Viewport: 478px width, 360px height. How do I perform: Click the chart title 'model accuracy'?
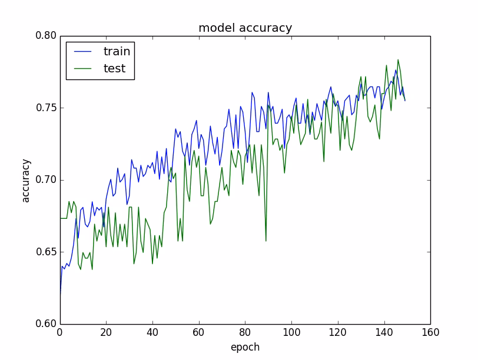[x=245, y=28]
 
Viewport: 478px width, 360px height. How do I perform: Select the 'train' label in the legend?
[x=117, y=51]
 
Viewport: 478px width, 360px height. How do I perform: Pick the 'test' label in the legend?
[x=114, y=69]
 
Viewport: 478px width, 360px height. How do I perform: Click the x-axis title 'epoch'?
[x=245, y=347]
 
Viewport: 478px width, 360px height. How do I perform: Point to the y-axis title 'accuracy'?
[x=26, y=180]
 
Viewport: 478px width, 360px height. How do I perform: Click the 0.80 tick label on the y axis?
[x=45, y=36]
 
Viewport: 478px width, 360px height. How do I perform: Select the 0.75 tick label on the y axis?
[x=45, y=108]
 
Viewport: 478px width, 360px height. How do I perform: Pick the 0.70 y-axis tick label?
[x=45, y=180]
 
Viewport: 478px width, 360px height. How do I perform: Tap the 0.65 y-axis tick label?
[x=45, y=252]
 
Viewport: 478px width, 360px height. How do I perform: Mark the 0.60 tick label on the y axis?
[x=45, y=324]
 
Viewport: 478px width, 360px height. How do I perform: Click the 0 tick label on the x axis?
[x=59, y=333]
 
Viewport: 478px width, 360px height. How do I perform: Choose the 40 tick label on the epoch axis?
[x=152, y=333]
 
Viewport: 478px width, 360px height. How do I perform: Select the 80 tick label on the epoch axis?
[x=245, y=333]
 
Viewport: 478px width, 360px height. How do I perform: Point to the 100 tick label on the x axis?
[x=291, y=333]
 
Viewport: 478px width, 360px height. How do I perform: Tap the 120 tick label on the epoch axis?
[x=337, y=333]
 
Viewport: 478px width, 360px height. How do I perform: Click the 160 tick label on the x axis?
[x=430, y=333]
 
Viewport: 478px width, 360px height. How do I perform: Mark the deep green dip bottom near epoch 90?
[x=265, y=241]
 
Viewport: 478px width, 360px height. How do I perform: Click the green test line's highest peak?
[x=398, y=59]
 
